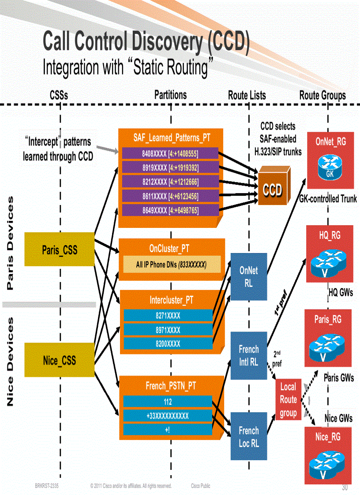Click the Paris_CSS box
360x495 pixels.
point(60,249)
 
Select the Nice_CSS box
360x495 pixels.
point(60,360)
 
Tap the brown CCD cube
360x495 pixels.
point(274,187)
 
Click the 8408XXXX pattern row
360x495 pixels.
point(170,153)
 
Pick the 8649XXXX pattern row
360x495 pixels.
point(170,210)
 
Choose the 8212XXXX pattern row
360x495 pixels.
point(170,182)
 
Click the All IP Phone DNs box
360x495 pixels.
point(172,264)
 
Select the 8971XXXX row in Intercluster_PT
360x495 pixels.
point(168,329)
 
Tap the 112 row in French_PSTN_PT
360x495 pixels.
point(168,402)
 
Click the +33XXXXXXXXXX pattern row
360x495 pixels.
point(168,416)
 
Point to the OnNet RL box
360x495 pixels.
point(249,277)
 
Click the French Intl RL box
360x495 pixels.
point(249,356)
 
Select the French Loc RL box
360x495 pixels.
point(249,436)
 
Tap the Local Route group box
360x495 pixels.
point(288,400)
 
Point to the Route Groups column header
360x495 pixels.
point(322,95)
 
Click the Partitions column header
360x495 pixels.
point(170,95)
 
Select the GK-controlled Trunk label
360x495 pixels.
point(328,199)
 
